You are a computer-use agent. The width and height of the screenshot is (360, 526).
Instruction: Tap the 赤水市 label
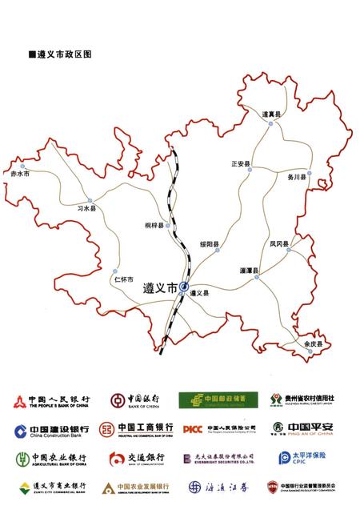19,173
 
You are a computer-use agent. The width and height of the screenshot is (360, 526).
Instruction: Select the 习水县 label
86,209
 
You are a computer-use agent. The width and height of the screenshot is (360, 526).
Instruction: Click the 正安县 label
241,164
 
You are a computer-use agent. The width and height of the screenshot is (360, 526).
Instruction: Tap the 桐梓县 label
154,226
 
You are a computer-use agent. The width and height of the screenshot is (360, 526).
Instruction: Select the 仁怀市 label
123,279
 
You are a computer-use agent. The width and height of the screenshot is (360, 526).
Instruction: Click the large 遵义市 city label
160,288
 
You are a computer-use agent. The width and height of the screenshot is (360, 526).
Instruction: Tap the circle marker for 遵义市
185,287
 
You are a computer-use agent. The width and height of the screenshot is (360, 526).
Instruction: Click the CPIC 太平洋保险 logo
305,458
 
